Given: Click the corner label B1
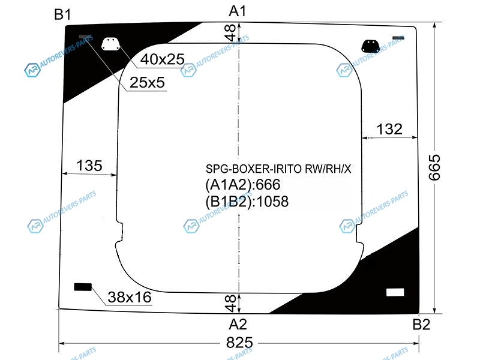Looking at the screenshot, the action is [62, 14].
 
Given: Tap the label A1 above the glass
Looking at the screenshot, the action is [238, 11].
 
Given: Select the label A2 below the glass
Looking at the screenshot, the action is [238, 325].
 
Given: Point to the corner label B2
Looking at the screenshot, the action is [421, 325].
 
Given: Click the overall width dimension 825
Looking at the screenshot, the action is [239, 343].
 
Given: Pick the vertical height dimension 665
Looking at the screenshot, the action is [434, 167].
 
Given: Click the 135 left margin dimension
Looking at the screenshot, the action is [89, 166].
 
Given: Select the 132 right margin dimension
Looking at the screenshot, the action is [389, 129].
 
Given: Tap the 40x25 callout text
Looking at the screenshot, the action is [163, 59].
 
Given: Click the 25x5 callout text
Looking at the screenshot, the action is [147, 82].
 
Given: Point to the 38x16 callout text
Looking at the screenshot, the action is [130, 297].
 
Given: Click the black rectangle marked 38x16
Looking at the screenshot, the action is [83, 287].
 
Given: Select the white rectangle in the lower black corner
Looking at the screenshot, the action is [395, 292].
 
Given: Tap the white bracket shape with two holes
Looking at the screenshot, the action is [110, 44].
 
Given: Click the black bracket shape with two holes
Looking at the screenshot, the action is [370, 46].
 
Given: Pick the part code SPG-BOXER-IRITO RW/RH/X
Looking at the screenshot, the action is [278, 169].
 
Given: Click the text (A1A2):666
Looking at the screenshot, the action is [243, 185].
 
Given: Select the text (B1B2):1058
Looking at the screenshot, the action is [247, 202].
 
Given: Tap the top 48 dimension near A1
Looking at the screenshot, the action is [230, 33].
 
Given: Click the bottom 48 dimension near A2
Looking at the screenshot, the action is [230, 303].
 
